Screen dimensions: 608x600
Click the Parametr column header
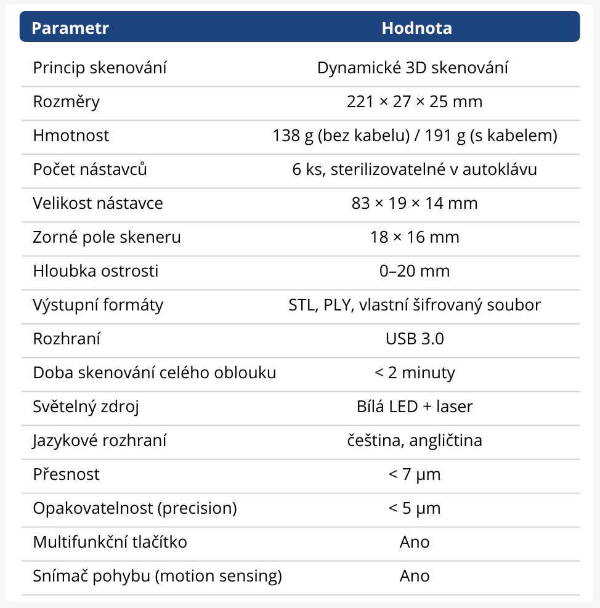[x=70, y=28]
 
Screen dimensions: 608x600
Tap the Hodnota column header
[x=416, y=28]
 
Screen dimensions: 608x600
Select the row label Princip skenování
[x=100, y=68]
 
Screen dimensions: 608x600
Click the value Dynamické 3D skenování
[x=413, y=68]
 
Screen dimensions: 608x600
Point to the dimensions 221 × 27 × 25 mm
[x=415, y=102]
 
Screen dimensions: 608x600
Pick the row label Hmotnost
[x=71, y=136]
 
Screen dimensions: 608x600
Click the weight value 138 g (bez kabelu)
[x=341, y=136]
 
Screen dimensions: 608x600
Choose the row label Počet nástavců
[x=90, y=169]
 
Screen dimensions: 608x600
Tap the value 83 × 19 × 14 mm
[x=415, y=203]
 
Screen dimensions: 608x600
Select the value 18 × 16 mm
[x=415, y=237]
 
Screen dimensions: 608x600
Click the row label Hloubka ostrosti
[x=95, y=271]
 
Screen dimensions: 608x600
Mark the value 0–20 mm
[x=415, y=271]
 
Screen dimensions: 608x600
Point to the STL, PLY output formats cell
[x=415, y=305]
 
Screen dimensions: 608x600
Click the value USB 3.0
[x=415, y=339]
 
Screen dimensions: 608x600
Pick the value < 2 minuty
[x=415, y=373]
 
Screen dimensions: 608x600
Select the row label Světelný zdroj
[x=86, y=407]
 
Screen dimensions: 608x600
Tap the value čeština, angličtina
[x=415, y=440]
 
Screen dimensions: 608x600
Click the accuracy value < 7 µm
[x=415, y=474]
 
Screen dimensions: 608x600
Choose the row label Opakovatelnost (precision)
[x=135, y=508]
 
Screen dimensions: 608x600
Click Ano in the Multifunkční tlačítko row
[x=415, y=542]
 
